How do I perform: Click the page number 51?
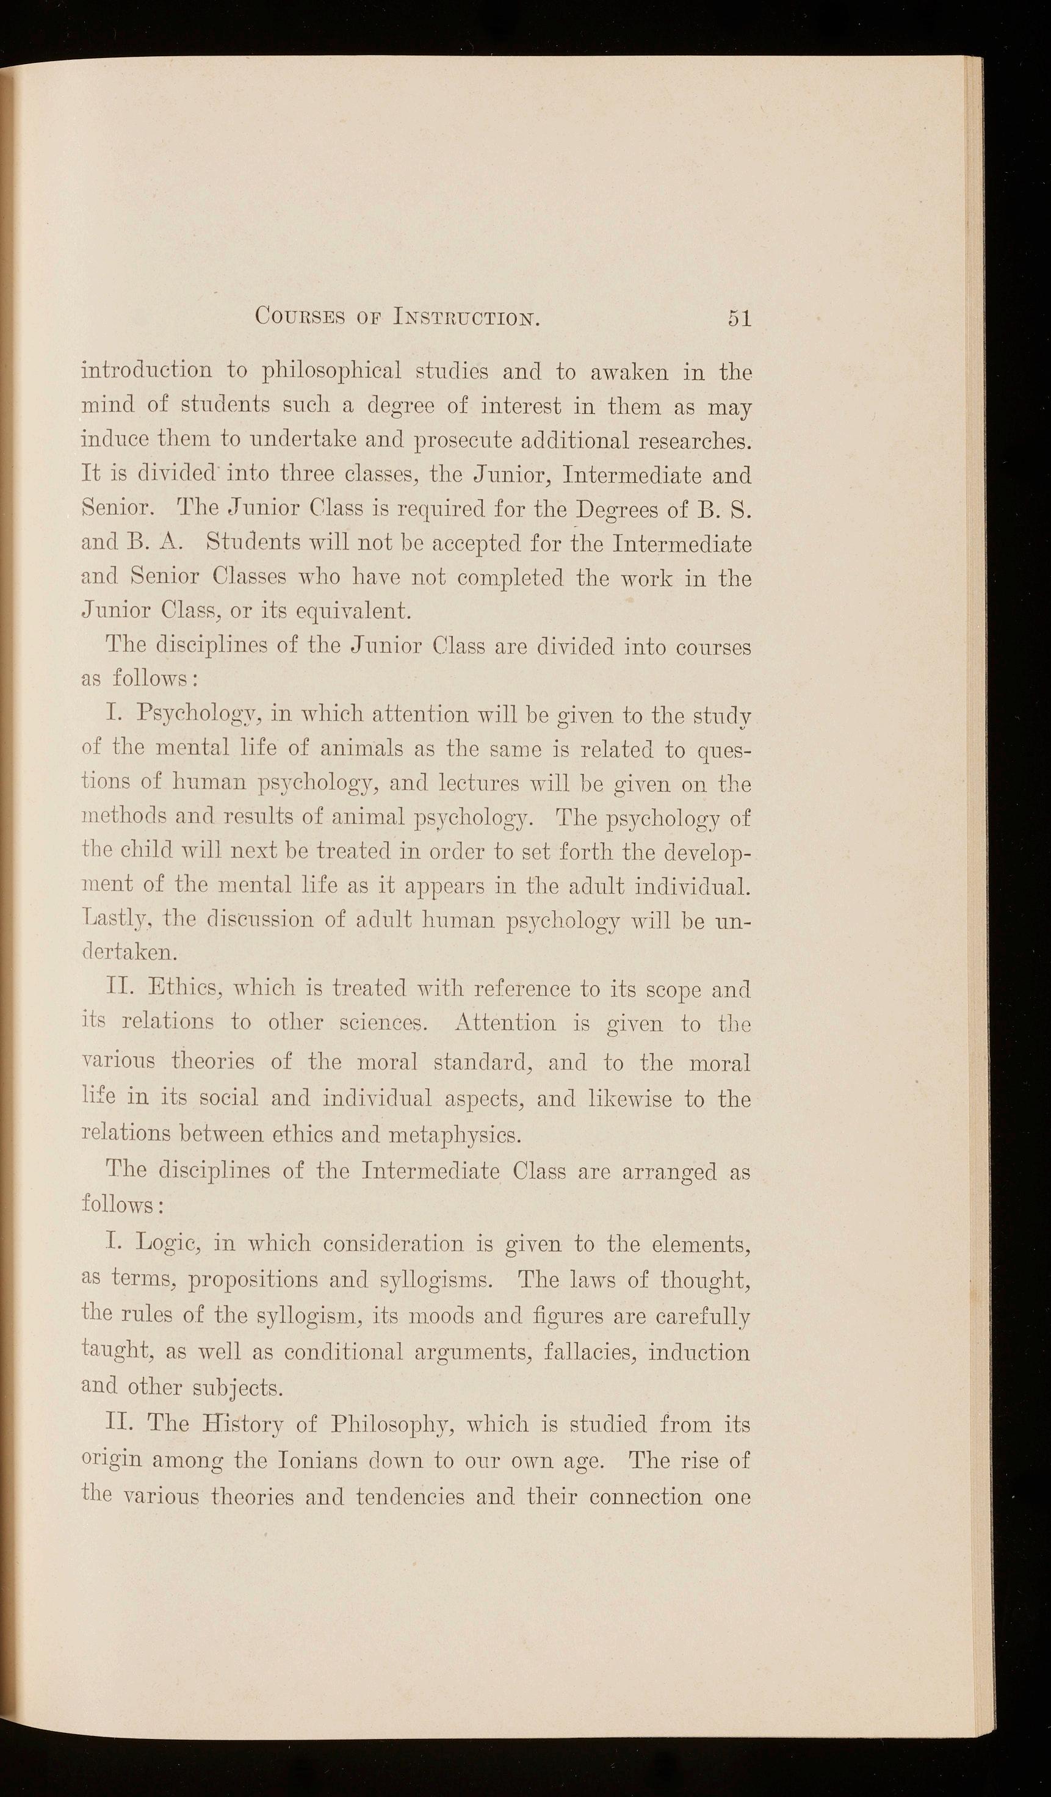[x=739, y=317]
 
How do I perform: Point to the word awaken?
[x=631, y=372]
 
